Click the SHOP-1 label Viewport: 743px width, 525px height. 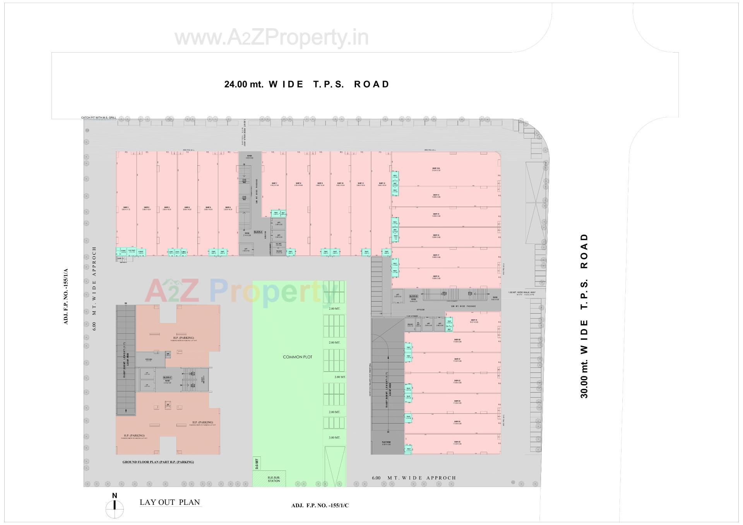pos(126,208)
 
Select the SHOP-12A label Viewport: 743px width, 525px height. pos(436,168)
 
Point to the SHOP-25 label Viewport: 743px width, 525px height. pos(457,442)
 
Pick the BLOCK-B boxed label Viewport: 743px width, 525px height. pos(413,296)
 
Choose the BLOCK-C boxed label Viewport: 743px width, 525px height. pos(167,377)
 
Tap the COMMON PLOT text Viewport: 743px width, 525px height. pos(297,357)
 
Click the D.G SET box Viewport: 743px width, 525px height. pos(257,464)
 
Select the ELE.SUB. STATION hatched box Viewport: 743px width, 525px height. pos(274,479)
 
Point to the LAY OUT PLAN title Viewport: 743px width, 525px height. pos(170,502)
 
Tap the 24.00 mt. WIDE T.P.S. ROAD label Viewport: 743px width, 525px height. pos(306,84)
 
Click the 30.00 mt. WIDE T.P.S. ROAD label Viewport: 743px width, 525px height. pos(584,316)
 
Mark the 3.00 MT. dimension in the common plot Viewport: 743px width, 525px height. pos(334,437)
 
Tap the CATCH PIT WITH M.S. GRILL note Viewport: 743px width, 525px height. pos(98,118)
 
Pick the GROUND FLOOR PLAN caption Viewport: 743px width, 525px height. pos(158,462)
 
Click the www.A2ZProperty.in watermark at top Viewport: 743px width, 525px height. pos(271,38)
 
